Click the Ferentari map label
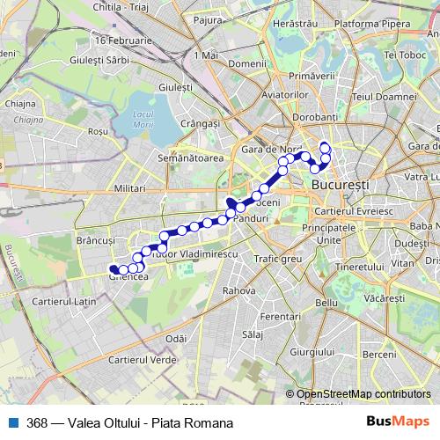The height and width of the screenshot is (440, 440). point(281,316)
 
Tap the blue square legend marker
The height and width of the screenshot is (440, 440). point(12,422)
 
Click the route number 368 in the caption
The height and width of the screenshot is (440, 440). point(37,423)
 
